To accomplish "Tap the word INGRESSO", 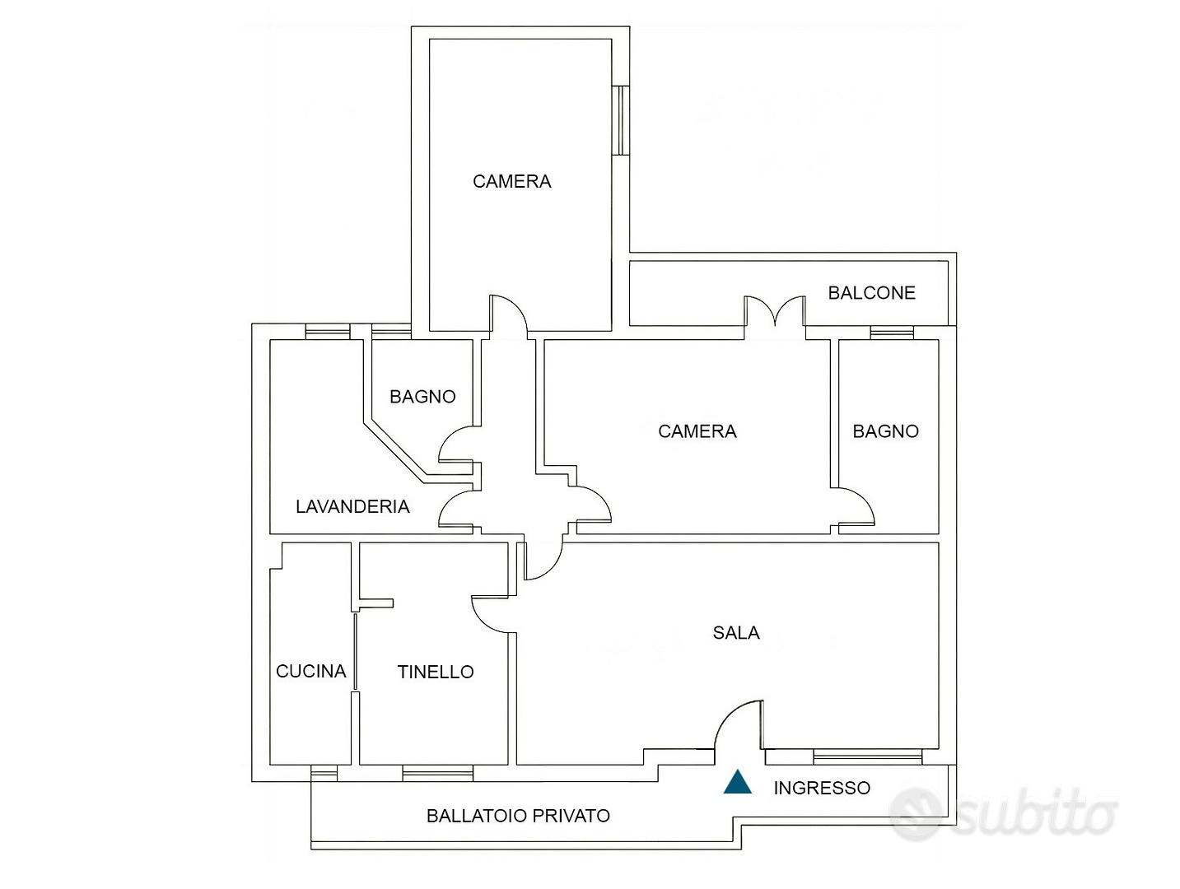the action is pos(822,788).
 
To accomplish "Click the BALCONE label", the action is pos(871,293).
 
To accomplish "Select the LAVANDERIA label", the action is pos(352,506).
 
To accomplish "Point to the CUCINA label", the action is pos(310,671).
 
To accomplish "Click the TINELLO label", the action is pos(436,672).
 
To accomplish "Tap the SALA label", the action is pos(736,633).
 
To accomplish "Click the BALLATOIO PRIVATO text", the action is pos(518,816).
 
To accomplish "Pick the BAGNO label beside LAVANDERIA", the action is pos(422,397).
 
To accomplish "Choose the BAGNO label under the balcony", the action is pos(885,431).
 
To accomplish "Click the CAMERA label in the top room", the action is pos(512,182).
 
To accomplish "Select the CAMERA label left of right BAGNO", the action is pos(697,431).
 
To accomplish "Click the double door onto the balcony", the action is pos(775,311).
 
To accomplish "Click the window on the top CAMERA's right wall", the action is pos(620,121).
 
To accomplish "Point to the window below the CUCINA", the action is pos(324,774).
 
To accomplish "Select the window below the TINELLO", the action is pos(437,774).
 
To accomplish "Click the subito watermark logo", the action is pos(1004,816).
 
